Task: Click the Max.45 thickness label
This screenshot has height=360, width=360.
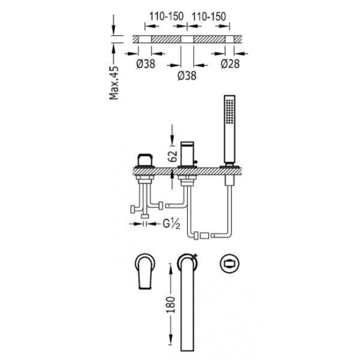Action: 114,83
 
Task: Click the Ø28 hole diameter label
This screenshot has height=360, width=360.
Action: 230,64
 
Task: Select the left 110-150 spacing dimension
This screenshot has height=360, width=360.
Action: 166,16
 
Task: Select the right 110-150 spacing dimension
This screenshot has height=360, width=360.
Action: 209,17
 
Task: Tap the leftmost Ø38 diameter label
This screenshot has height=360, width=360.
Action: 146,64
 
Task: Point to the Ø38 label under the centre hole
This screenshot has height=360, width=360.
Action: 187,76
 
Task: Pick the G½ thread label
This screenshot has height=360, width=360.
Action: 171,224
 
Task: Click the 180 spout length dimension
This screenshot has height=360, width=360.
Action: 170,305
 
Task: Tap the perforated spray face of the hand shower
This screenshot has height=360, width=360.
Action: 230,112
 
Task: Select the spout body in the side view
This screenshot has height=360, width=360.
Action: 187,154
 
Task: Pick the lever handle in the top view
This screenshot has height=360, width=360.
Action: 145,271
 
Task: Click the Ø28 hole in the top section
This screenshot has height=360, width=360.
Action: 230,39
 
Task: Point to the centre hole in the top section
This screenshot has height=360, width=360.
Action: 187,39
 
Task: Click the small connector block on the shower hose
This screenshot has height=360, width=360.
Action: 205,236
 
